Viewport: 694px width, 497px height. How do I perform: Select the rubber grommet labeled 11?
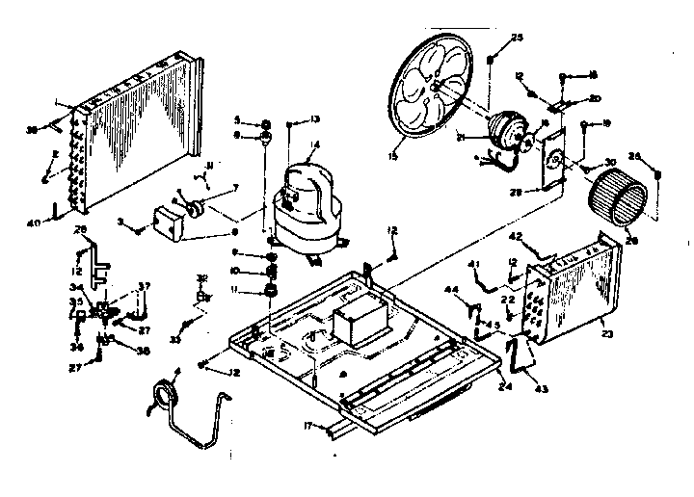point(272,290)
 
